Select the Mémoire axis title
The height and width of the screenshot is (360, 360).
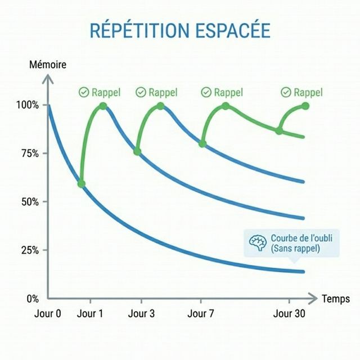point(48,65)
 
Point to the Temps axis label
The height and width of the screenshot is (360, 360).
point(336,299)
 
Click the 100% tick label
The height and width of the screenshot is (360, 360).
point(28,105)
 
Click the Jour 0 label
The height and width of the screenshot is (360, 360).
point(48,314)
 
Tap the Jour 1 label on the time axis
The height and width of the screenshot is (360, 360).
point(90,314)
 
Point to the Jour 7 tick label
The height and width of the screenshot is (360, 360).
point(201,314)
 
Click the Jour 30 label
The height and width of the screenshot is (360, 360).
point(289,314)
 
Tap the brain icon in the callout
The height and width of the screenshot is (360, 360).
point(258,242)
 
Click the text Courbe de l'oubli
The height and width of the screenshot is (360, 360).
point(301,238)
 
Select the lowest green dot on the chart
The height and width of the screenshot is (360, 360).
point(81,184)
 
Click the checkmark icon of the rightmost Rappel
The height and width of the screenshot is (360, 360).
point(286,92)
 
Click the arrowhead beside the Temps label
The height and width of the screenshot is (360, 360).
point(314,298)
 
